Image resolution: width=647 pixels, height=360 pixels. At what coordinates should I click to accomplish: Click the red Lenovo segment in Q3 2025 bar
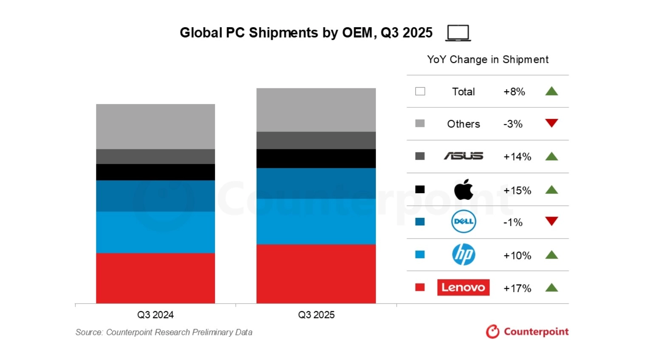[x=316, y=273]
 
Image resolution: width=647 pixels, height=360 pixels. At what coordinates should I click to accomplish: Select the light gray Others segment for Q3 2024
[x=155, y=127]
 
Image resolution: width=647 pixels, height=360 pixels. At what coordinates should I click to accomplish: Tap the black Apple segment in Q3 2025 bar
[x=316, y=158]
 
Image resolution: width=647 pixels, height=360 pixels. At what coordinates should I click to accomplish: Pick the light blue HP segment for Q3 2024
[x=155, y=232]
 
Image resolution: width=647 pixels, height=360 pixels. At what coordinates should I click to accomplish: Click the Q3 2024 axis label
[x=155, y=315]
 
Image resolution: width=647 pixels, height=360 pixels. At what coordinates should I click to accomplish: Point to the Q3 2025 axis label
[x=316, y=315]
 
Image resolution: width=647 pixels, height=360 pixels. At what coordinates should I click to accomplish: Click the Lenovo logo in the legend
[x=463, y=287]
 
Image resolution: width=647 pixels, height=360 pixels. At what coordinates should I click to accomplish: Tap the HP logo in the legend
[x=463, y=255]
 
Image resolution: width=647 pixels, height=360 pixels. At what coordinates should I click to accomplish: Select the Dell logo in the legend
[x=463, y=222]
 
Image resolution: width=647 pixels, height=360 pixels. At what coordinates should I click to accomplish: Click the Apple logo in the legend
[x=463, y=189]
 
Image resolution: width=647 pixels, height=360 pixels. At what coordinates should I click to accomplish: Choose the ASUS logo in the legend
[x=463, y=156]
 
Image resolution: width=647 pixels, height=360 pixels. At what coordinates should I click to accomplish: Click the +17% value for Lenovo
[x=517, y=288]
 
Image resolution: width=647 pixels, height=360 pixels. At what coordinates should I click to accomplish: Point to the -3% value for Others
[x=513, y=124]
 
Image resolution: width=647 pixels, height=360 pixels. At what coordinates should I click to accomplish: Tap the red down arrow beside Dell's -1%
[x=551, y=221]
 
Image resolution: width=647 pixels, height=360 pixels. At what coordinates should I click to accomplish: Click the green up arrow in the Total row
[x=551, y=91]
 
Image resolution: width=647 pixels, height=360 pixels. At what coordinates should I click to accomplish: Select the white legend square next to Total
[x=420, y=91]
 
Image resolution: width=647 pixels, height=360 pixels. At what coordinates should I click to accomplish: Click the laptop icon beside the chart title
[x=458, y=33]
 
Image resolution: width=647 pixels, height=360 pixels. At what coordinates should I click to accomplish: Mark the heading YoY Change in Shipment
[x=488, y=59]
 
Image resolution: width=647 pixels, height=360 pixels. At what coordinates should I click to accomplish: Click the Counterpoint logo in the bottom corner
[x=527, y=332]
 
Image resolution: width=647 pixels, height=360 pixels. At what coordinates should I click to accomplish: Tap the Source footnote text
[x=164, y=332]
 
